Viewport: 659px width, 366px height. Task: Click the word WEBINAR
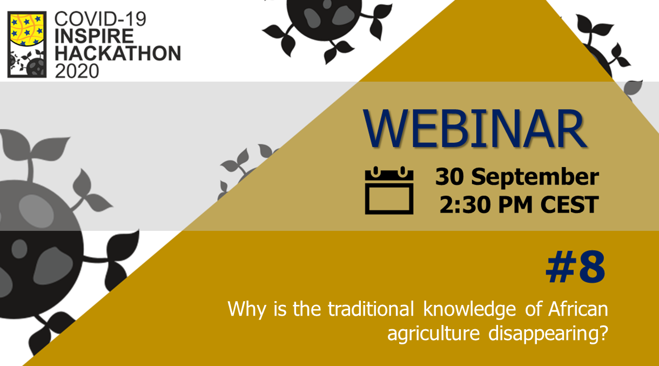point(475,128)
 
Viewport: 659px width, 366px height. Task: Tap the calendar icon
point(389,190)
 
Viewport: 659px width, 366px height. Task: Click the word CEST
point(569,205)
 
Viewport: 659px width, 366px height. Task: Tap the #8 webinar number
point(575,267)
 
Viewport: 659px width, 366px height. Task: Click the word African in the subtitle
point(578,309)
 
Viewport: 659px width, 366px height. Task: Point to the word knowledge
point(469,310)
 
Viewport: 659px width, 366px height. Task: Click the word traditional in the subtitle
point(371,309)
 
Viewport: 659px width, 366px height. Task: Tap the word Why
point(247,310)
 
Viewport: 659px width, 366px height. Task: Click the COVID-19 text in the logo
point(100,19)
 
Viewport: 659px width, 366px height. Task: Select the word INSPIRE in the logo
point(95,36)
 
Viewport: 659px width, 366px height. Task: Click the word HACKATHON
point(118,54)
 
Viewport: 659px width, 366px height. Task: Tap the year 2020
point(77,71)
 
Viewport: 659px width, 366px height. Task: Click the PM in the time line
point(515,205)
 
